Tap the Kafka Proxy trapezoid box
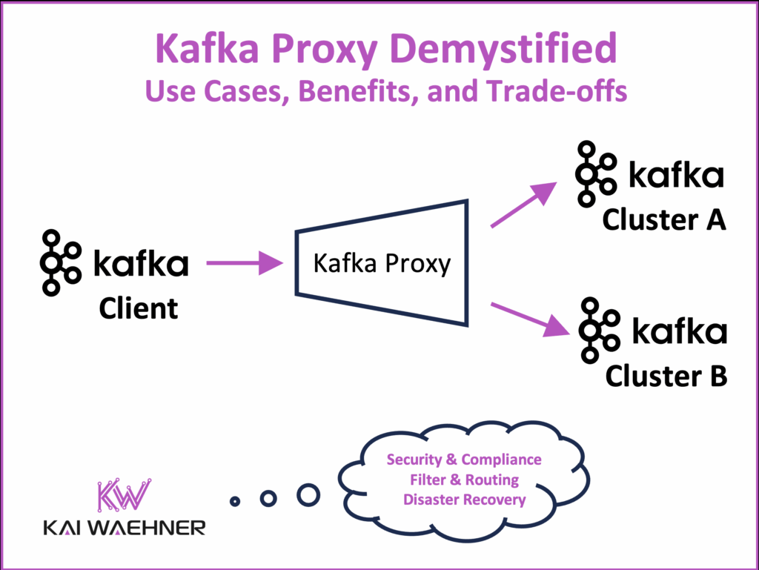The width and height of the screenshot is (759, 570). pyautogui.click(x=382, y=263)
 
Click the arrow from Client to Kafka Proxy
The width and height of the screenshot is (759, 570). pyautogui.click(x=245, y=263)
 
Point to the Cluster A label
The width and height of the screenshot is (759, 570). pyautogui.click(x=663, y=219)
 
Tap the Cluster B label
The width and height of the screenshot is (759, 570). pyautogui.click(x=666, y=375)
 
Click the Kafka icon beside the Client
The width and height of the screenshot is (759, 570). pyautogui.click(x=59, y=263)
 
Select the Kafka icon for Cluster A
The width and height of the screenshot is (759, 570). pyautogui.click(x=595, y=173)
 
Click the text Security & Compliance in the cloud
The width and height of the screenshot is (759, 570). pyautogui.click(x=464, y=460)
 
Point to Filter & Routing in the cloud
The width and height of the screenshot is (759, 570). pyautogui.click(x=464, y=480)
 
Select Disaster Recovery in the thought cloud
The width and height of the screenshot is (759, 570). pyautogui.click(x=464, y=500)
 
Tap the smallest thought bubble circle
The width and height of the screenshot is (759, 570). pyautogui.click(x=235, y=502)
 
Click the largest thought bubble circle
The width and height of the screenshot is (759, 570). pyautogui.click(x=308, y=494)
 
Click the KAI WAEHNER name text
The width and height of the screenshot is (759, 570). pyautogui.click(x=123, y=527)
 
